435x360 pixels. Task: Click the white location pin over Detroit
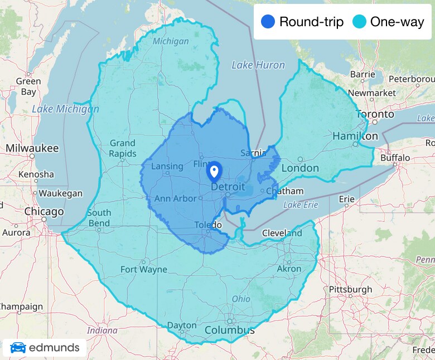tap(214, 171)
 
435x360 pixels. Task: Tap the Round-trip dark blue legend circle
tap(268, 22)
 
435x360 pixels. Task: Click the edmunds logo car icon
tap(18, 348)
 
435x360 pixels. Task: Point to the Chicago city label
tap(44, 212)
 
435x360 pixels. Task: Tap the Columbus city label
tap(229, 330)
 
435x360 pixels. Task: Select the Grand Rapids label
tap(122, 148)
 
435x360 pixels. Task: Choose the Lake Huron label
tap(258, 65)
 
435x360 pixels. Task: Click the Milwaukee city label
tap(32, 148)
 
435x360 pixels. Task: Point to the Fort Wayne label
tap(144, 269)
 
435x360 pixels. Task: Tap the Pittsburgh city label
tap(350, 289)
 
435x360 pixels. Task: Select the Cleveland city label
tap(281, 233)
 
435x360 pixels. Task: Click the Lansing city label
tap(167, 166)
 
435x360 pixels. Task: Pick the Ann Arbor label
tap(175, 198)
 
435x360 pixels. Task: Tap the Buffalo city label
tap(395, 158)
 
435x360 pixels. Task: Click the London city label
tap(300, 168)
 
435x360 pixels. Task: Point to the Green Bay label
tap(28, 86)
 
